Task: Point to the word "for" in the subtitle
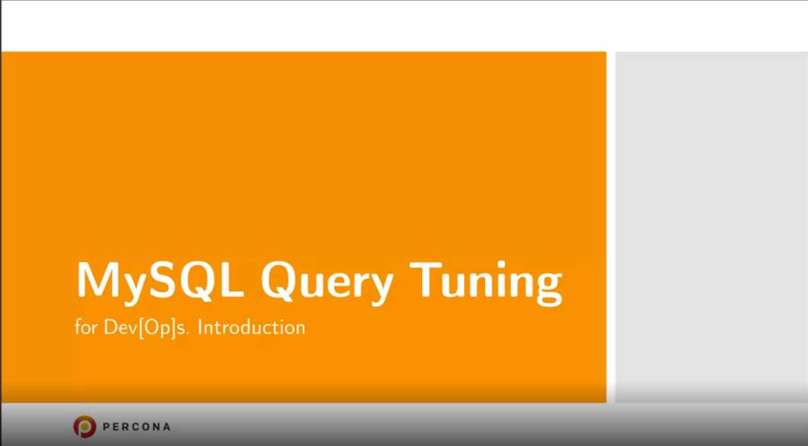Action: click(86, 327)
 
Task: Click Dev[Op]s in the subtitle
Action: click(146, 328)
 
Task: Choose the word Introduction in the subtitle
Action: click(251, 327)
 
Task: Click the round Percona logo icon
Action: click(85, 426)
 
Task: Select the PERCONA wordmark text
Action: click(136, 427)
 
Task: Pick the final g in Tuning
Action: click(548, 289)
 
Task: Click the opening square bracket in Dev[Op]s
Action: click(141, 328)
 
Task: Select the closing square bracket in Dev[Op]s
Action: click(173, 328)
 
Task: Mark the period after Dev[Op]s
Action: click(188, 334)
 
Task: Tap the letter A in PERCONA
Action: click(166, 427)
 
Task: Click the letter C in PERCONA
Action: click(132, 427)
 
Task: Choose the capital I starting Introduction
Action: click(200, 327)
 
